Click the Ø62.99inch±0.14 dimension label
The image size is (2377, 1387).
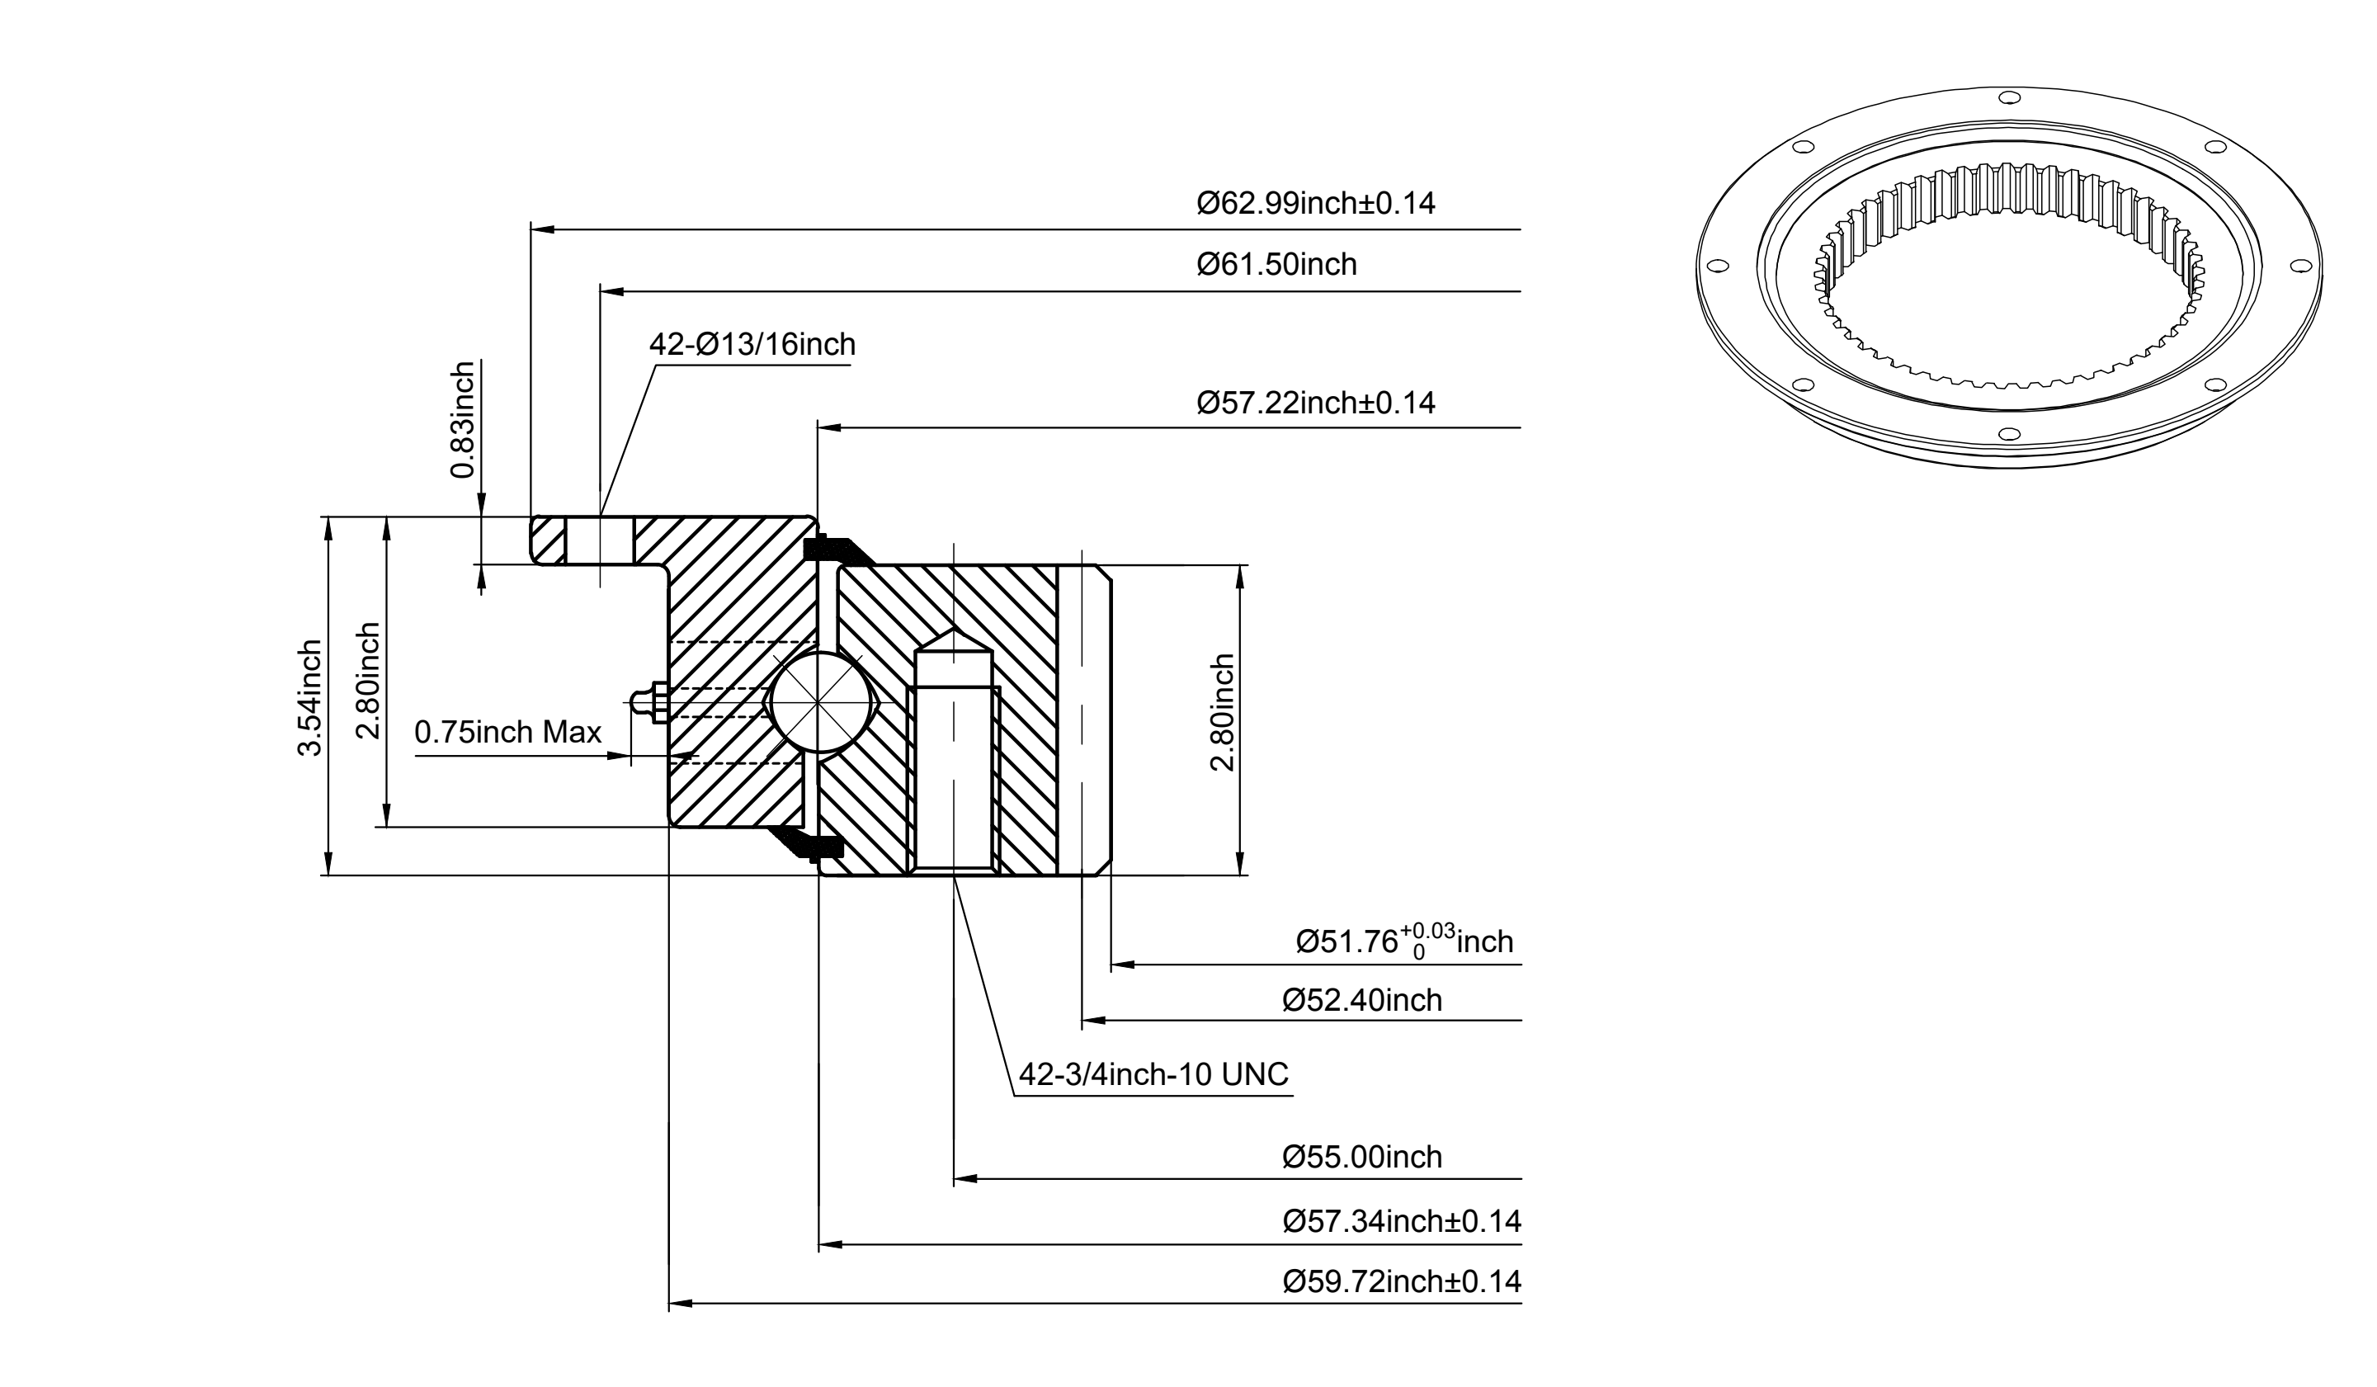tap(1316, 203)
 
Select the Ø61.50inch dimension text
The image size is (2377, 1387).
tap(1277, 264)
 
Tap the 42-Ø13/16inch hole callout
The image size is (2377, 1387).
tap(752, 344)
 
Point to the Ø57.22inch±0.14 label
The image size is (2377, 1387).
tap(1316, 403)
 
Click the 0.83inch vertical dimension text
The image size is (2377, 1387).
tap(463, 420)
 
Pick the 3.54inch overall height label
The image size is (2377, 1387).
tap(310, 697)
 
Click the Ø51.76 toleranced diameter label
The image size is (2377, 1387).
tap(1404, 942)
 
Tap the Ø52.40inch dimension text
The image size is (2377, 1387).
tap(1362, 1000)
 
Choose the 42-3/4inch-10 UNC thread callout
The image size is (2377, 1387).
tap(1153, 1074)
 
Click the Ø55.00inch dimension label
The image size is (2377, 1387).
tap(1362, 1157)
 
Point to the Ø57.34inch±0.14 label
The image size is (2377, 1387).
tap(1402, 1222)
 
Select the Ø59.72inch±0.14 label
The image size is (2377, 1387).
tap(1402, 1281)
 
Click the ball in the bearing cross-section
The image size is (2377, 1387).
tap(821, 704)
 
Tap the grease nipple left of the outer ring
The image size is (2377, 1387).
tap(647, 704)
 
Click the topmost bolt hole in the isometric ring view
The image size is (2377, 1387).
tap(2008, 97)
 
